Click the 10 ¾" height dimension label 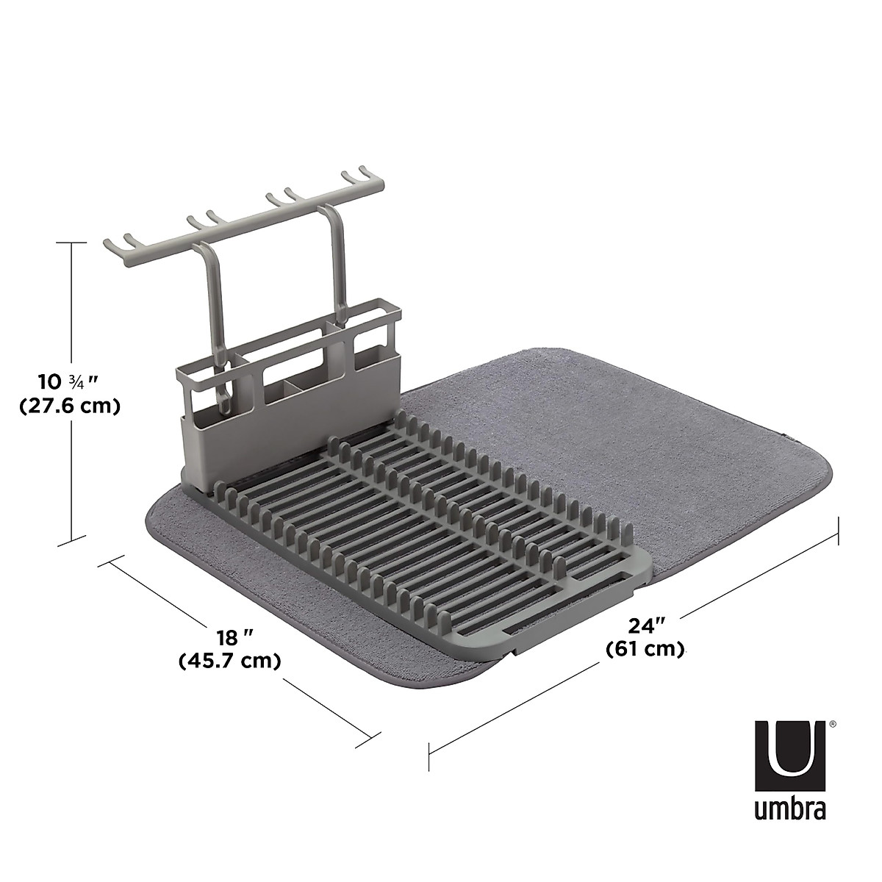click(68, 381)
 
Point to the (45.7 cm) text click(230, 661)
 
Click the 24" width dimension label click(646, 625)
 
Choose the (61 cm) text click(646, 649)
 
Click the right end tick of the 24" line click(839, 530)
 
